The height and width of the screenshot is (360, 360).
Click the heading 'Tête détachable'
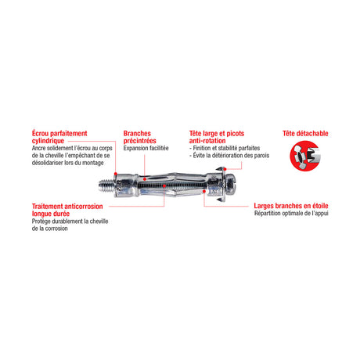click(305, 134)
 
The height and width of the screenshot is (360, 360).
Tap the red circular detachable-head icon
click(305, 156)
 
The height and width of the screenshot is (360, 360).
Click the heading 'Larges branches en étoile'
click(291, 206)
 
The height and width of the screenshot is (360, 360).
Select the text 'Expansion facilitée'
click(146, 148)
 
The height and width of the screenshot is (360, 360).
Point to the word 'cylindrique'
click(48, 141)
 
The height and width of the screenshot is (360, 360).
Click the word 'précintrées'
click(139, 141)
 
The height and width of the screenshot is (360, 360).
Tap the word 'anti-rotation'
click(207, 141)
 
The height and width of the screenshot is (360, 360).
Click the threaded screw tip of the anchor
click(106, 185)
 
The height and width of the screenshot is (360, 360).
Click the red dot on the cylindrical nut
click(115, 174)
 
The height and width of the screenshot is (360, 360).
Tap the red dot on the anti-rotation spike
click(225, 169)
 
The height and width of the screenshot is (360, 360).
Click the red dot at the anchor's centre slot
click(164, 185)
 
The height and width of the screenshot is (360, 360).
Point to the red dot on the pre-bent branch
click(145, 179)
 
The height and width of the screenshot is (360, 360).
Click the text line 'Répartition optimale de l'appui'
click(291, 214)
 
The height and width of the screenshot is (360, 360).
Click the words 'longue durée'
click(51, 214)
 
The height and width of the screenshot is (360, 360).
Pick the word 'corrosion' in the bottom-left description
click(56, 229)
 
